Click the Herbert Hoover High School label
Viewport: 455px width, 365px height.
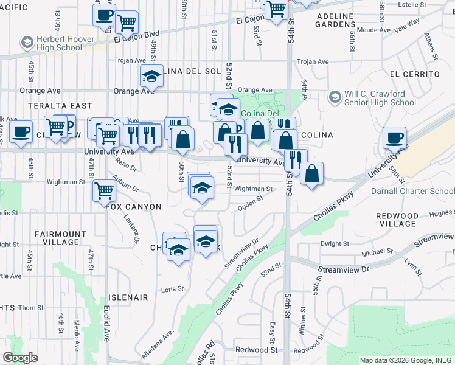58,43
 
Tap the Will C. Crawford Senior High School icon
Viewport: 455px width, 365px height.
335,97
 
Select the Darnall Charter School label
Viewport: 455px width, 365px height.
412,191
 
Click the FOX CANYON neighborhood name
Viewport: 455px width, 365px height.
133,207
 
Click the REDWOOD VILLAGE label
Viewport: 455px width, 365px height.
397,220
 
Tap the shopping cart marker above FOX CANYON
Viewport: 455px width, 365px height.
104,190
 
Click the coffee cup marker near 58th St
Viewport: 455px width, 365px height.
394,137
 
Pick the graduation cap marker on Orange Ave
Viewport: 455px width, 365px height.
151,77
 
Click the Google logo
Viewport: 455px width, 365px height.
20,358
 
